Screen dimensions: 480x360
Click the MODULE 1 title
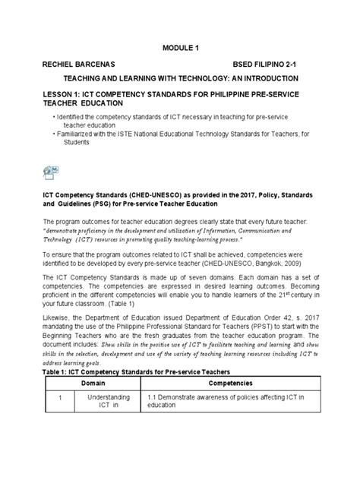pos(180,49)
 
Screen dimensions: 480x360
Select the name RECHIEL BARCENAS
pos(80,64)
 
